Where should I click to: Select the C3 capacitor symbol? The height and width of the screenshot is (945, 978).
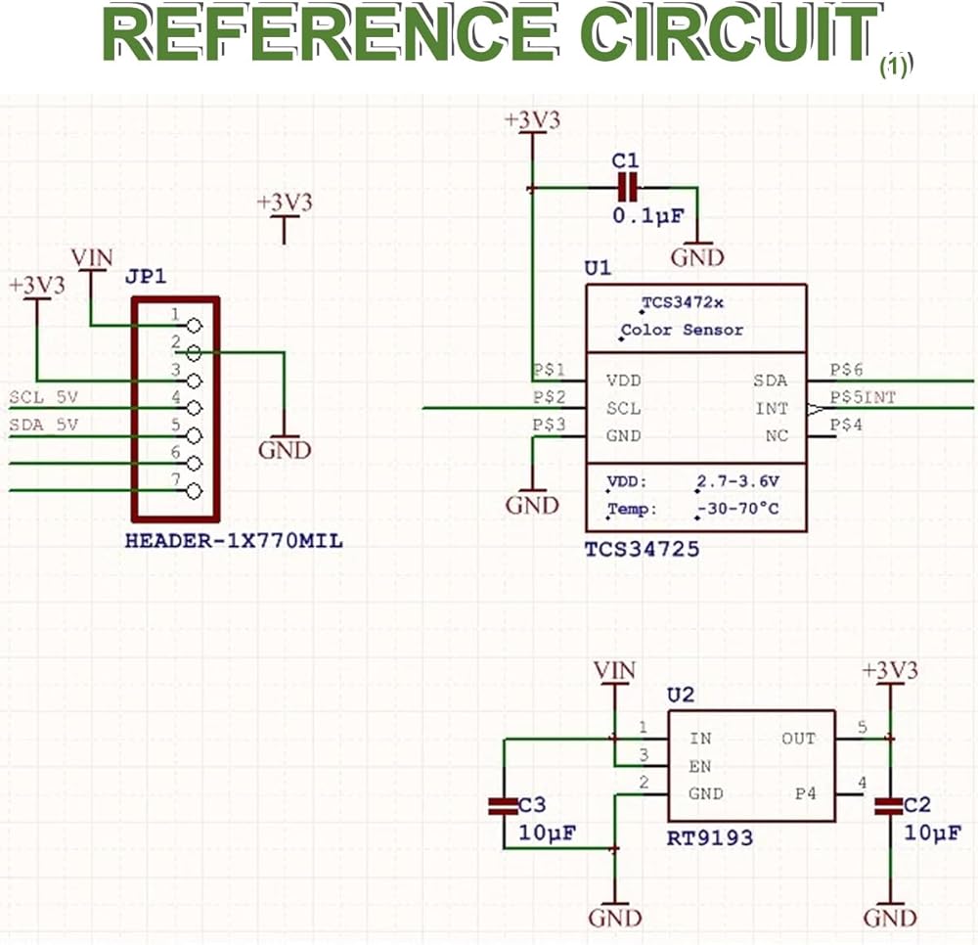pyautogui.click(x=503, y=806)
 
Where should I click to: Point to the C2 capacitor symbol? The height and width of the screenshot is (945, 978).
pyautogui.click(x=890, y=806)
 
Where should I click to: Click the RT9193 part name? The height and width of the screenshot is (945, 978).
pyautogui.click(x=711, y=838)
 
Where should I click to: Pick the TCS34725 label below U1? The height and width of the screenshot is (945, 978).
pyautogui.click(x=642, y=549)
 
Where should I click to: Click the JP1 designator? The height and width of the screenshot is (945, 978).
pyautogui.click(x=146, y=277)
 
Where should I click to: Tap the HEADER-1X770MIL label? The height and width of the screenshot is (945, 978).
pyautogui.click(x=235, y=540)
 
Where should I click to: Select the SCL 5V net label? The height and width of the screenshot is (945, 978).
pyautogui.click(x=43, y=397)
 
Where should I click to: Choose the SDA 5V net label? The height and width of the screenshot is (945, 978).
pyautogui.click(x=43, y=425)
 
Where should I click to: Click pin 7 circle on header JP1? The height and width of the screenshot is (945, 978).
pyautogui.click(x=194, y=491)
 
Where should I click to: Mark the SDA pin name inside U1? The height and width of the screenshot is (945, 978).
pyautogui.click(x=771, y=381)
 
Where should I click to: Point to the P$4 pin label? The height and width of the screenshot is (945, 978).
pyautogui.click(x=846, y=425)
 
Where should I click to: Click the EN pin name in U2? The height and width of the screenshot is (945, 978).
pyautogui.click(x=700, y=766)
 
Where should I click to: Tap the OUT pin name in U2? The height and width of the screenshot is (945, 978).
pyautogui.click(x=798, y=739)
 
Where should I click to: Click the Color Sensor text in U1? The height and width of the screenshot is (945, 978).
pyautogui.click(x=683, y=330)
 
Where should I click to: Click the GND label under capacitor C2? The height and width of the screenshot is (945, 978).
pyautogui.click(x=890, y=918)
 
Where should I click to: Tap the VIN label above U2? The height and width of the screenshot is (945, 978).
pyautogui.click(x=614, y=671)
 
